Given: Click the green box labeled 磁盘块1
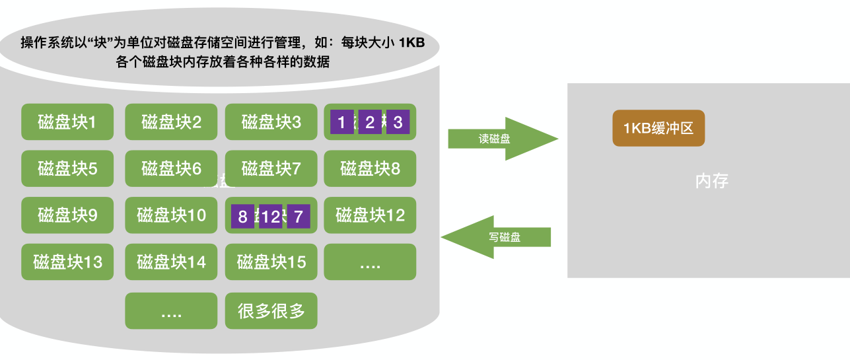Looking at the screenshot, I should point(67,122).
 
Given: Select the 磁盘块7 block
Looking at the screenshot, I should point(271,169).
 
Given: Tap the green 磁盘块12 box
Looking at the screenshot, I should point(370,215).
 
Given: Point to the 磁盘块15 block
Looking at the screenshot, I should point(271,262).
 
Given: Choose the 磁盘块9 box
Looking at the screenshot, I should point(67,215).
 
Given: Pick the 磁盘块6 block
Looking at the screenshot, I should point(171,169).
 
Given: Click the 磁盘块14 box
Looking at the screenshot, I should point(171,262).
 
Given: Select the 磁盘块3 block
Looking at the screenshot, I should point(271,122).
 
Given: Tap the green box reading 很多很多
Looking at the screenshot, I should point(271,311).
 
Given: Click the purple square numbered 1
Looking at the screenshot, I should point(341,122).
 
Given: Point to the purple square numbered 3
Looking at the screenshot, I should point(398,122).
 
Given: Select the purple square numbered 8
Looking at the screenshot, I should point(242,216).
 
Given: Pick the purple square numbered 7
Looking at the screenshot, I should point(299,216).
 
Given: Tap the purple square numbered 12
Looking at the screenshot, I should point(271,216).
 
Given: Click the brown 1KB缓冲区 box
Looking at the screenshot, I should point(658,128).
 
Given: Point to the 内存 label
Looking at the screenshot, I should point(712,181).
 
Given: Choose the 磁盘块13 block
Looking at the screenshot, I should point(67,262).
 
